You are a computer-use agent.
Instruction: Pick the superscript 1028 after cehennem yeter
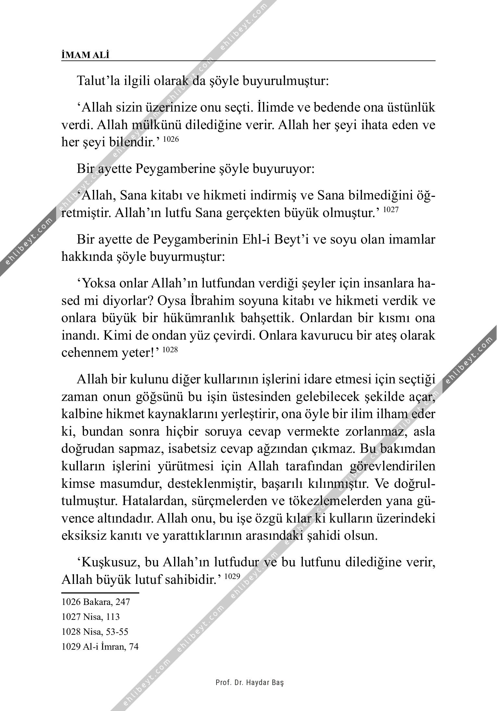pyautogui.click(x=170, y=350)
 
